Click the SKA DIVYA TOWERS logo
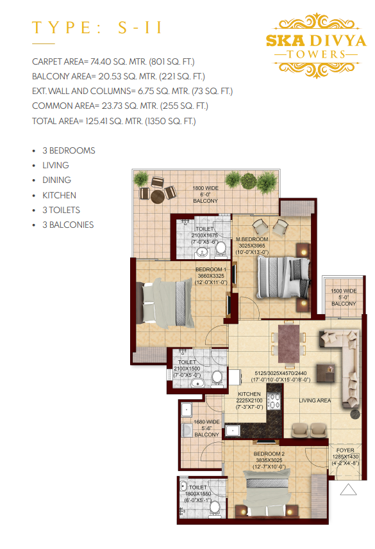(316, 45)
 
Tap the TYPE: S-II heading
(97, 28)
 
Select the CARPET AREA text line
(113, 61)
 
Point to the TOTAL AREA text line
(114, 121)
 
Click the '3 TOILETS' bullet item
(61, 210)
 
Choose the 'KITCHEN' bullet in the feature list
(59, 195)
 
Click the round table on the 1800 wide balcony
(158, 197)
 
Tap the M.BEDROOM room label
(252, 239)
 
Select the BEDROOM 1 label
(211, 269)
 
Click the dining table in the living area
(288, 344)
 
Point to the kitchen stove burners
(274, 401)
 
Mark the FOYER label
(345, 450)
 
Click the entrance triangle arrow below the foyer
(348, 489)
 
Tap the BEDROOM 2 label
(269, 454)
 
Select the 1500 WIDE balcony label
(344, 291)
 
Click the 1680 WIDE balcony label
(206, 422)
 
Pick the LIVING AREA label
(315, 401)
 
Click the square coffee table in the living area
(326, 372)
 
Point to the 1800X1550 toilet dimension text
(198, 494)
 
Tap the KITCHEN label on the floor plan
(249, 394)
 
